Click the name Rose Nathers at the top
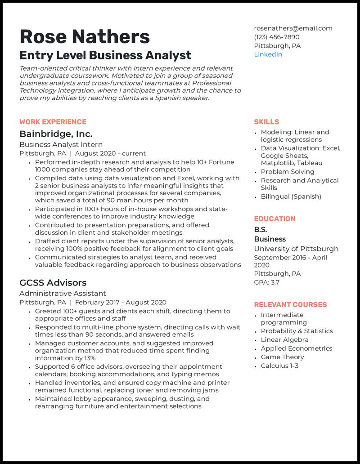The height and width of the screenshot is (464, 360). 85,36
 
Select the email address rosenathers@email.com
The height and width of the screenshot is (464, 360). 293,28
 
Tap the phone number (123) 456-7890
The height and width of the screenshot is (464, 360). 276,37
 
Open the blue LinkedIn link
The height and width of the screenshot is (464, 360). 268,54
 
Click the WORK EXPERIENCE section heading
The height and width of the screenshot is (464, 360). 53,122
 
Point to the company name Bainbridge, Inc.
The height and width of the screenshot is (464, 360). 56,134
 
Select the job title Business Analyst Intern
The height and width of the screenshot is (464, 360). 61,145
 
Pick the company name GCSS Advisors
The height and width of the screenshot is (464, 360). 53,283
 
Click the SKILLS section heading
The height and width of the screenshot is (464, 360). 266,122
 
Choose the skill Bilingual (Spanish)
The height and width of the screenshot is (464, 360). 291,196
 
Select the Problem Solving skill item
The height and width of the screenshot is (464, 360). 287,172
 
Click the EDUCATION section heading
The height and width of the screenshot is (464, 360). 274,219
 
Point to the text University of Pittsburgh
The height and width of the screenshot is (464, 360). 296,249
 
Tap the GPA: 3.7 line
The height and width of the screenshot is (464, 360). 266,282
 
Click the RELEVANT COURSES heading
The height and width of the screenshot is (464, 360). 290,305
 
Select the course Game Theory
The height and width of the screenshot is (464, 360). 282,357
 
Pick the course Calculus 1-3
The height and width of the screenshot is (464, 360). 279,366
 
